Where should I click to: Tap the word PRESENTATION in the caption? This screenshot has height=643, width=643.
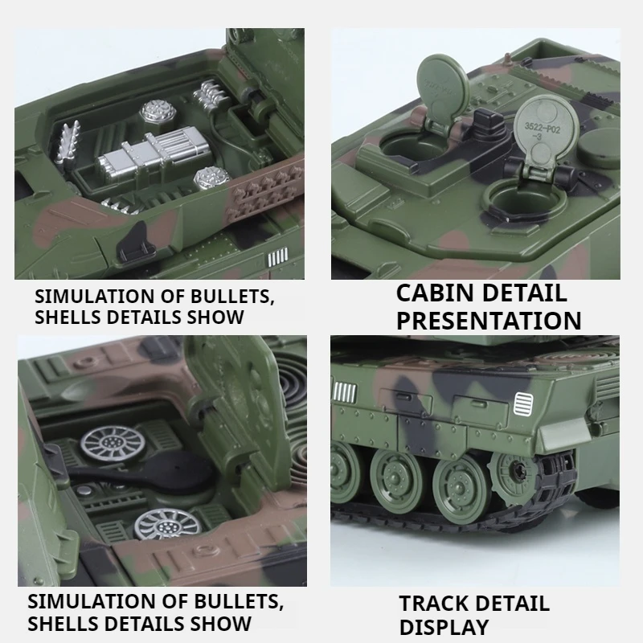(489, 321)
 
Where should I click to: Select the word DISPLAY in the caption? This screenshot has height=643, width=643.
(444, 627)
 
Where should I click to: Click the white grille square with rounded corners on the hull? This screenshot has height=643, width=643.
(523, 403)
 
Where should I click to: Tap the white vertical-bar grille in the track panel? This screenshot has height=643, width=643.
(345, 392)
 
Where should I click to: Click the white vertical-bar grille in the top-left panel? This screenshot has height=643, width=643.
(278, 257)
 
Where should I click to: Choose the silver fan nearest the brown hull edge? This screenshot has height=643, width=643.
(168, 523)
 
